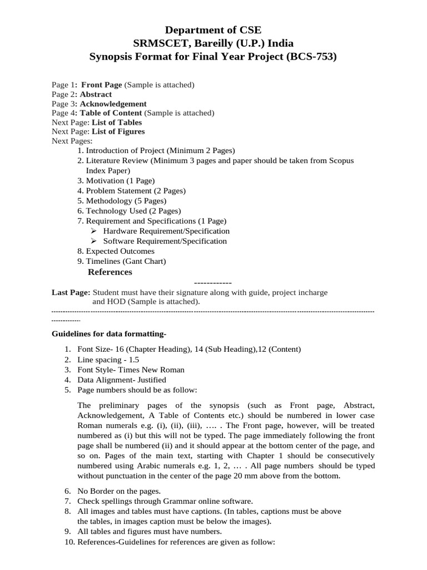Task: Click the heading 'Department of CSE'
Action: (214, 30)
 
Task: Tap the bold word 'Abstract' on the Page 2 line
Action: (96, 95)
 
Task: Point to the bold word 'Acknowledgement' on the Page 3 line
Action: (113, 104)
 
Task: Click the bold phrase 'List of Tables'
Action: (117, 122)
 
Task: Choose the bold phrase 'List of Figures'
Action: (118, 132)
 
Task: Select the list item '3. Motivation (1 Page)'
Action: (116, 181)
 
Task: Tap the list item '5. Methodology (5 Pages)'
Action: (122, 201)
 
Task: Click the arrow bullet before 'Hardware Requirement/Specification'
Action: (93, 231)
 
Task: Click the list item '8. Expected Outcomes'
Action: (116, 251)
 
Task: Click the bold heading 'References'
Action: (110, 272)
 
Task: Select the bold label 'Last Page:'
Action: (71, 292)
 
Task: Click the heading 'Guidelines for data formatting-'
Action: (109, 334)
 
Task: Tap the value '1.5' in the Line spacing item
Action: (135, 360)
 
